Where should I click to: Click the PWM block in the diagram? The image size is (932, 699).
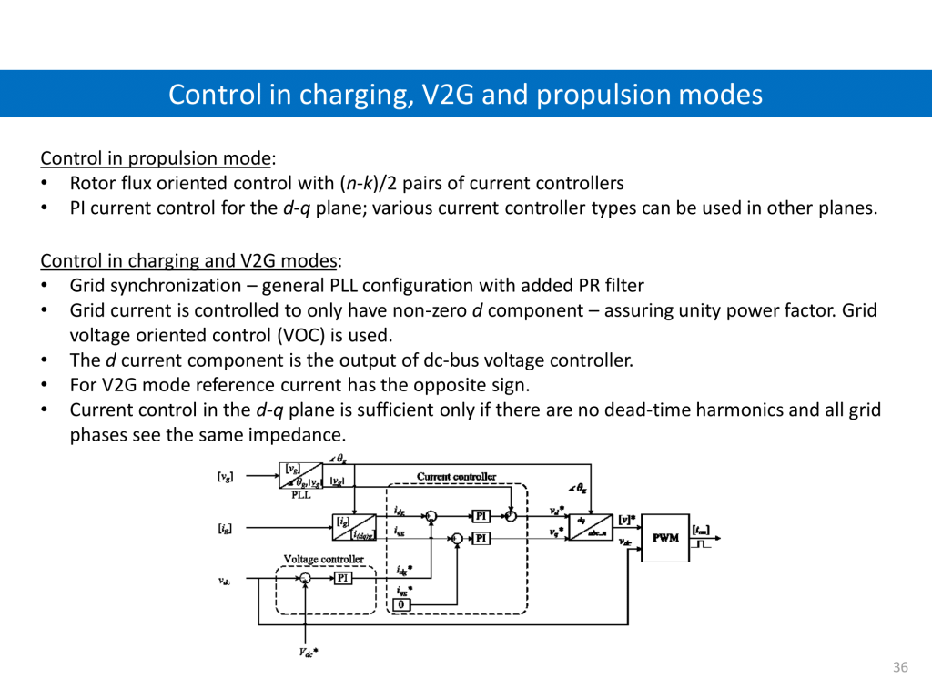(665, 537)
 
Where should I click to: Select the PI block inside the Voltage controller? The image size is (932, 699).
(343, 578)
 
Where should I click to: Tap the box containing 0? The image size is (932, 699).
(403, 605)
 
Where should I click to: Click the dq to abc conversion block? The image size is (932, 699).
(592, 526)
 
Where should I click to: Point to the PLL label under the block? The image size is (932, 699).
(301, 497)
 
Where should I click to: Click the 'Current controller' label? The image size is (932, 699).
(457, 477)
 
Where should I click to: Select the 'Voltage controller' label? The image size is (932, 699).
(324, 559)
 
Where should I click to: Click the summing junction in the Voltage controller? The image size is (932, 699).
(306, 579)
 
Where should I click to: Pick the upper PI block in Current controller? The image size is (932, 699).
(481, 516)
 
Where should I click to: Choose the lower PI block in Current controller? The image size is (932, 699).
(481, 539)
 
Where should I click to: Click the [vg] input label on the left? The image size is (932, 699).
(225, 476)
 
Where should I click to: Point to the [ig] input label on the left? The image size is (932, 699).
(225, 527)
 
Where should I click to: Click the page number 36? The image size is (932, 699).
(900, 668)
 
